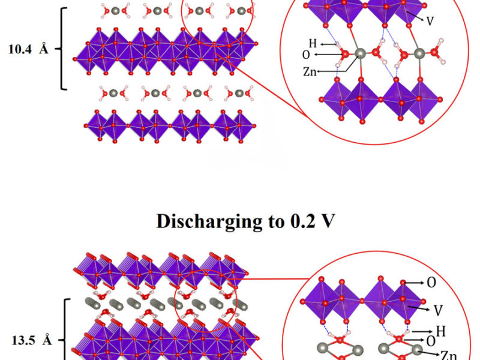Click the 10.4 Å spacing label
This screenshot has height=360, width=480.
coord(28,50)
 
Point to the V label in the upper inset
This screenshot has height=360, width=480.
coord(430,21)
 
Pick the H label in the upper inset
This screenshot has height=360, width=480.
coord(313,43)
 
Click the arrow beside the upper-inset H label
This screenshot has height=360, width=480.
coord(327,44)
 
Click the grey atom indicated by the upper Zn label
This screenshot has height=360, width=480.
coord(360,54)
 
